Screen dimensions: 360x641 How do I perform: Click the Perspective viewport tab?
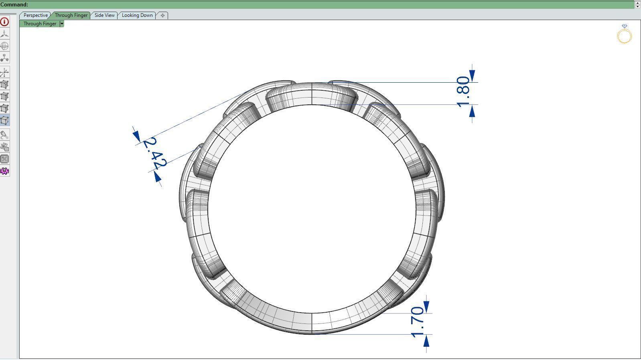point(35,15)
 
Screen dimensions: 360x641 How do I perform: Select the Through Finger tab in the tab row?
point(71,15)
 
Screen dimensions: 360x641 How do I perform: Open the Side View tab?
point(104,15)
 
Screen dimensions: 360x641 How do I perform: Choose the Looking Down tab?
point(137,15)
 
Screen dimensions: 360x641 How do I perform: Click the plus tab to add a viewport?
point(162,15)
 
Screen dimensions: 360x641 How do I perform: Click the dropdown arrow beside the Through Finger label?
point(62,24)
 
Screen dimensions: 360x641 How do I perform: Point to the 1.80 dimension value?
point(463,91)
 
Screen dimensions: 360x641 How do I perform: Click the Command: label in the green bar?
point(14,4)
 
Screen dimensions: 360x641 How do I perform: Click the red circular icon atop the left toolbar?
point(5,22)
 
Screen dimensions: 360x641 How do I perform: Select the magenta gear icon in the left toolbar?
point(5,171)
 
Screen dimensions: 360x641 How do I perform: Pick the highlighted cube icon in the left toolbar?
point(5,120)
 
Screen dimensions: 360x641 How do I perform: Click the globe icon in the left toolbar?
point(5,46)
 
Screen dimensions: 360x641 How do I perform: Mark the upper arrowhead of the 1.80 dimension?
point(472,75)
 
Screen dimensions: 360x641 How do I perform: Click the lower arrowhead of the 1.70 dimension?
point(426,341)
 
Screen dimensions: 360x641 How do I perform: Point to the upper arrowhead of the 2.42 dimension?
point(137,136)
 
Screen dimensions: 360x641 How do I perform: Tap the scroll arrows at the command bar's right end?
point(637,4)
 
